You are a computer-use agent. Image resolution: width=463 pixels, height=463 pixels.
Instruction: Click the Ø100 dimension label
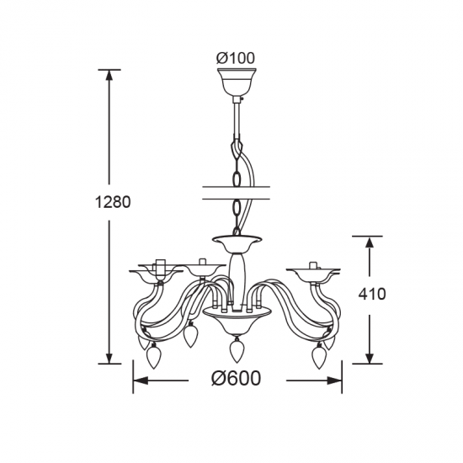[x=236, y=58]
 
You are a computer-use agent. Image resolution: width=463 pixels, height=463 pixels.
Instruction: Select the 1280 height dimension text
[x=113, y=202]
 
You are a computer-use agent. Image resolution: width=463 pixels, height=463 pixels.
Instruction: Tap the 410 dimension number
[x=372, y=294]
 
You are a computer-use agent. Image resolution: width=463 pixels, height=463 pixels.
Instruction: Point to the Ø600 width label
[x=237, y=378]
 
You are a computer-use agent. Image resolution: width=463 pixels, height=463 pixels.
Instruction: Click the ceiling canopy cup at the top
[x=237, y=81]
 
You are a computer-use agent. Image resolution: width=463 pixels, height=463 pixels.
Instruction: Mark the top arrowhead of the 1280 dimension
[x=109, y=75]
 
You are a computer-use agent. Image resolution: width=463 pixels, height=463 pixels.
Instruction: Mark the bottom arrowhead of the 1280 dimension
[x=109, y=358]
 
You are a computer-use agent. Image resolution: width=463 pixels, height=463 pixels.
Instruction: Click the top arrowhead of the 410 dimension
[x=369, y=242]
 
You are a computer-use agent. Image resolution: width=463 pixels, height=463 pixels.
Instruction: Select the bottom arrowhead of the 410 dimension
[x=369, y=358]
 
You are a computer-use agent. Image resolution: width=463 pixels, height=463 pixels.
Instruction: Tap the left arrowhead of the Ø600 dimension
[x=141, y=381]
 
